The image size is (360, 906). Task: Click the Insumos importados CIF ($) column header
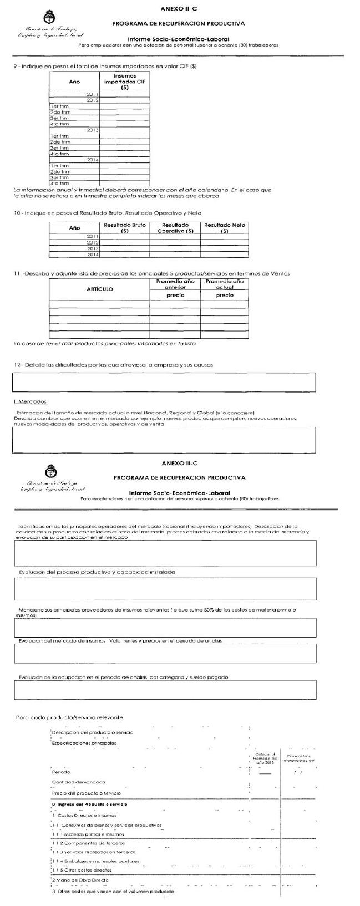tap(125, 82)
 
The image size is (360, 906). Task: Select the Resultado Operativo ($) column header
tap(175, 228)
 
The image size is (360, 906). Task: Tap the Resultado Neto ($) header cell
tap(224, 228)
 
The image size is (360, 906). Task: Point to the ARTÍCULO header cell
tap(100, 289)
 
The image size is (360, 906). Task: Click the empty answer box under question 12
tap(164, 382)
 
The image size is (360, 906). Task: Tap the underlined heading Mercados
tap(31, 401)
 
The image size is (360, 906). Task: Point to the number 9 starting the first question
tap(15, 67)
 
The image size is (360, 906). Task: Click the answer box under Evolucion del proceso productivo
tap(165, 589)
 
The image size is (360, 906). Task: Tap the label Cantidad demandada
tap(78, 782)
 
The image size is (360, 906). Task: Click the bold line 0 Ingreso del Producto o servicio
tap(89, 803)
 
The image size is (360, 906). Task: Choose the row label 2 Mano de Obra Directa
tap(80, 879)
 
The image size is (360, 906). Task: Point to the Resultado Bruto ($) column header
tap(125, 228)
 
